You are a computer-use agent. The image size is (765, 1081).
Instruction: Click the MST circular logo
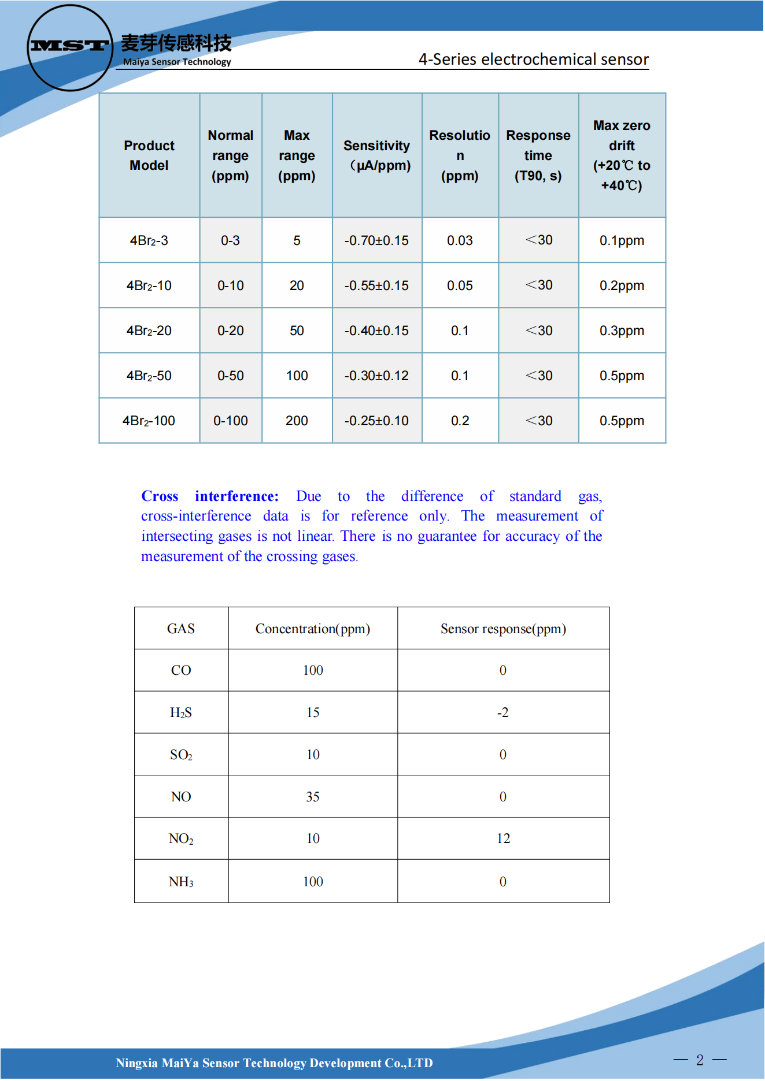pos(69,47)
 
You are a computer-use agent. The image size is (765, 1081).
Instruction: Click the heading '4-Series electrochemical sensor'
pos(533,60)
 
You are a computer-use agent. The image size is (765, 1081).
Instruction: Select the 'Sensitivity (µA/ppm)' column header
pos(377,155)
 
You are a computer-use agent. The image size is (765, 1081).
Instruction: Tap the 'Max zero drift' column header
pos(622,155)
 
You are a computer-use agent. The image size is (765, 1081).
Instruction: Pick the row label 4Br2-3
pos(149,240)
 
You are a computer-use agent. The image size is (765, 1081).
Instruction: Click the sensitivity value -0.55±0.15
pos(376,285)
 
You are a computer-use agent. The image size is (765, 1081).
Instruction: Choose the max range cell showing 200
pos(297,421)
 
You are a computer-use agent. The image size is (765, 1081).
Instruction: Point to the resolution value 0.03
pos(460,240)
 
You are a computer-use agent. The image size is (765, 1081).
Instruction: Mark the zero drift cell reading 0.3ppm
pos(622,330)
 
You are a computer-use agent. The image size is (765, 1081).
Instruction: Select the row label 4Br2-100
pos(149,421)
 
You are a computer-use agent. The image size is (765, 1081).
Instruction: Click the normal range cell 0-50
pos(230,376)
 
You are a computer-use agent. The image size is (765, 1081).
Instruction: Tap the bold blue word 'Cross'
pos(160,496)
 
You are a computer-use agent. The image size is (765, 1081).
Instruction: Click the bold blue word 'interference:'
pos(236,496)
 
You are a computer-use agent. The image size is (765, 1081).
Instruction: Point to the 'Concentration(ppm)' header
pos(313,629)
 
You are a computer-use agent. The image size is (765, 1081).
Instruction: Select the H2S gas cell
pos(181,712)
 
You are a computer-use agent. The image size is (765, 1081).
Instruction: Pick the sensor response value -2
pos(503,712)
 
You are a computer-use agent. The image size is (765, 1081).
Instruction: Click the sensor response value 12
pos(503,838)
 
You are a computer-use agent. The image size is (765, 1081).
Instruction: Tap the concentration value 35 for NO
pos(313,797)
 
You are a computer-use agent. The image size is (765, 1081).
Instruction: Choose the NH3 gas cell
pos(181,882)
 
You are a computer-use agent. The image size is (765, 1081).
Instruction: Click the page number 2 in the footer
pos(700,1060)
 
